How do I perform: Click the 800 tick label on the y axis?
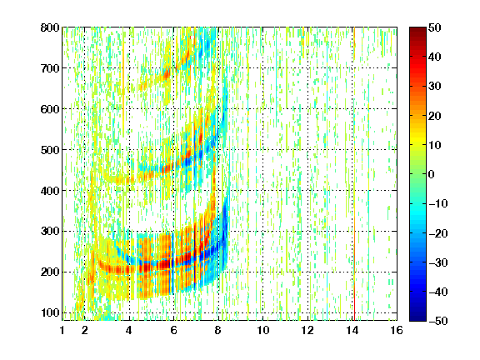50,27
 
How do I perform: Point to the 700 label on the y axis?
50,68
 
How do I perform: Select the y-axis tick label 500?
50,150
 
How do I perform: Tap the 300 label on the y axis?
50,232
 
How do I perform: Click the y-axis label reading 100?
50,312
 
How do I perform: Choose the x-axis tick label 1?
62,330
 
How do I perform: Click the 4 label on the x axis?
129,330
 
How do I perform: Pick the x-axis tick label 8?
218,330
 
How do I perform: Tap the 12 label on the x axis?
307,330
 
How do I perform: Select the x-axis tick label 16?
397,330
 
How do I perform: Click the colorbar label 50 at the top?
435,27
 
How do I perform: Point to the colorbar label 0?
432,174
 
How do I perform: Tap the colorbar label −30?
438,262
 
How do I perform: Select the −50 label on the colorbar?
438,321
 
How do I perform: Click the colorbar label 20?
435,116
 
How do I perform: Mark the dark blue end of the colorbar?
417,318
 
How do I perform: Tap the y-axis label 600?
50,109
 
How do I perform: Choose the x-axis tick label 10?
262,330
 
